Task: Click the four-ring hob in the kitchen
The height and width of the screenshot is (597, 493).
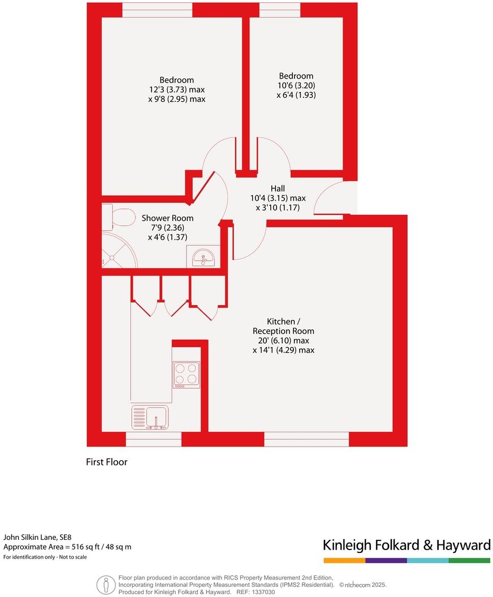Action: (186, 374)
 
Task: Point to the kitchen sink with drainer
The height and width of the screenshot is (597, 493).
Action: (150, 418)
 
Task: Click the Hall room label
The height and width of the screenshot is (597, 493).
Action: (277, 188)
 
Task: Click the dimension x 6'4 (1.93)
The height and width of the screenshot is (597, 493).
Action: (296, 95)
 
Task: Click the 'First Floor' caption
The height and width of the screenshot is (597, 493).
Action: (106, 462)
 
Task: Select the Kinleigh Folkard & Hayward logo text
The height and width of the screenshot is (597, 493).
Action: (406, 545)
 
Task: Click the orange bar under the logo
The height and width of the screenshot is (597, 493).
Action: (344, 560)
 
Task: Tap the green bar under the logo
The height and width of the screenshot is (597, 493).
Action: (469, 560)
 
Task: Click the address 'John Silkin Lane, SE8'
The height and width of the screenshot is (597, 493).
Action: (38, 537)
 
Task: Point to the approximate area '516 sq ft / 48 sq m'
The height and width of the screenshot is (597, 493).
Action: (99, 547)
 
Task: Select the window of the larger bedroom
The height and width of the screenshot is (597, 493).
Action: (157, 10)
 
